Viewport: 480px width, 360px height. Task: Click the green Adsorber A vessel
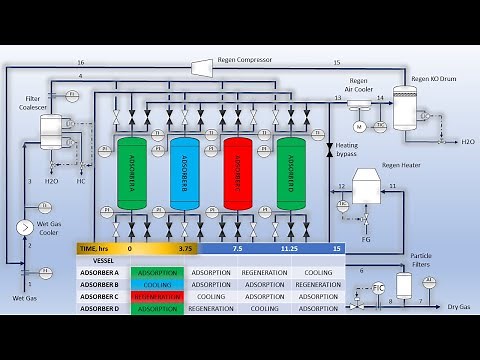132,172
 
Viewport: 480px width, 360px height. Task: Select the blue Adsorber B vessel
185,172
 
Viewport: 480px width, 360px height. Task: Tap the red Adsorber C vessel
238,172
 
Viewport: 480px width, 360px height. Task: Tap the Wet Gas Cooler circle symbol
23,227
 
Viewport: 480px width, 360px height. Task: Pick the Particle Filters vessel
404,285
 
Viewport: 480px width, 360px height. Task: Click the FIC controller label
378,288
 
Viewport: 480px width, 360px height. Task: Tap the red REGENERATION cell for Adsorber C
157,297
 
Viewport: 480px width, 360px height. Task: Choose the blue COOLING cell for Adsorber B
157,284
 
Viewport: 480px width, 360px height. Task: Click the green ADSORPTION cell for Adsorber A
157,272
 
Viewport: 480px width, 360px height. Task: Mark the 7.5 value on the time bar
237,248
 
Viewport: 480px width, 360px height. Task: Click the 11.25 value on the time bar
291,248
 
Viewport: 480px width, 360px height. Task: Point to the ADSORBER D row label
100,309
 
